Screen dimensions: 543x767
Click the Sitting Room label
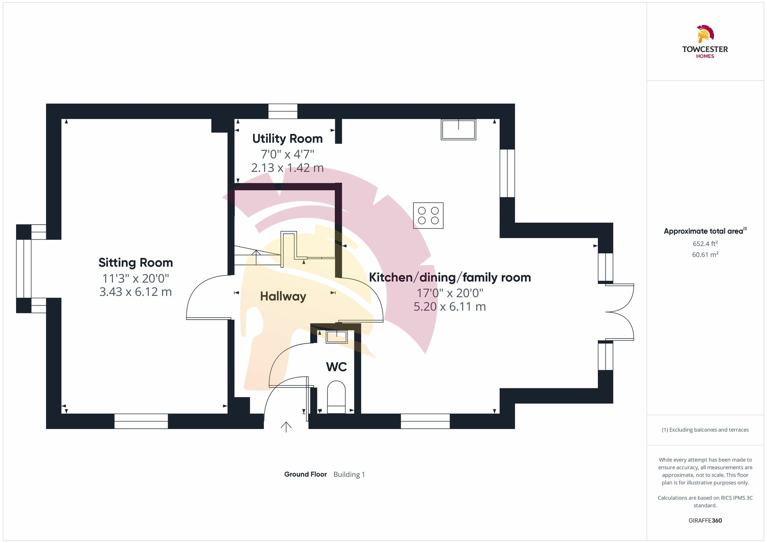coord(135,262)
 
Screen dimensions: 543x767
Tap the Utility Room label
coord(287,139)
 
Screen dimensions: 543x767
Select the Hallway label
coord(283,296)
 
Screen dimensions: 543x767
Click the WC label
coord(336,367)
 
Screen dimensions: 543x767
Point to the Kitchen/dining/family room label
coord(450,277)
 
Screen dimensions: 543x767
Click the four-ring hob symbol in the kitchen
coord(428,216)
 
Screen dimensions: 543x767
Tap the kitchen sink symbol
coord(458,129)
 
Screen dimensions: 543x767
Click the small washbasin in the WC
coord(336,337)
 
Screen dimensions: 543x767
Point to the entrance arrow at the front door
coord(286,427)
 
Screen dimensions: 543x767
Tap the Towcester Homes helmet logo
coord(705,34)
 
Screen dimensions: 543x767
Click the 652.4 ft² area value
coord(705,244)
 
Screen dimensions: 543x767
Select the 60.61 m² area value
coord(705,254)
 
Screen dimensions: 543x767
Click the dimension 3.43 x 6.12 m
coord(135,292)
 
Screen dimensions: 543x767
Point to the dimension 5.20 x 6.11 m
coord(450,307)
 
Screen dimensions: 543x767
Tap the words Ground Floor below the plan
coord(305,474)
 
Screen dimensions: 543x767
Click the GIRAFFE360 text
coord(705,521)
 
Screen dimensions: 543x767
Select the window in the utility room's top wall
coord(283,111)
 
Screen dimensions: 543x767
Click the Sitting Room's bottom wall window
coord(141,421)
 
